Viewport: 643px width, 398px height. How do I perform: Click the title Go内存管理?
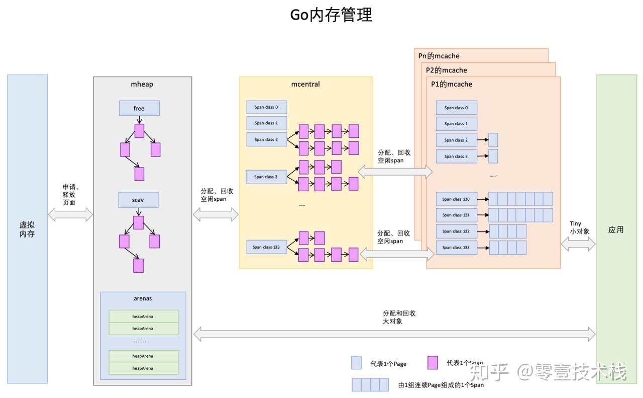click(331, 15)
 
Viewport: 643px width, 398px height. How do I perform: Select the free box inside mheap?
click(139, 108)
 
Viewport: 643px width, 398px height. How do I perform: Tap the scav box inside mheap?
click(138, 200)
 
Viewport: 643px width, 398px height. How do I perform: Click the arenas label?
click(143, 298)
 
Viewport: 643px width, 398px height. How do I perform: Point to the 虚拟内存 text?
click(27, 229)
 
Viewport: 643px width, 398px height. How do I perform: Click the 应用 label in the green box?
click(616, 229)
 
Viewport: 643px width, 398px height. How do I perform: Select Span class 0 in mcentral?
click(266, 107)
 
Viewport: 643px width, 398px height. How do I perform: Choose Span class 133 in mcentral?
click(266, 247)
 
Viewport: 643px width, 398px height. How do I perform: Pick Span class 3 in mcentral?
click(266, 177)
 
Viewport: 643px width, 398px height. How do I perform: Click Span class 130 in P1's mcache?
click(456, 199)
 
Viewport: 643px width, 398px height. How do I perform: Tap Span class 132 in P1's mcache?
click(456, 231)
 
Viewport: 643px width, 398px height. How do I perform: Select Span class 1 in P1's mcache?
click(456, 124)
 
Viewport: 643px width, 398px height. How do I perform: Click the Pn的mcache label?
click(439, 56)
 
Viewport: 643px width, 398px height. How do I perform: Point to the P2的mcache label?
click(447, 70)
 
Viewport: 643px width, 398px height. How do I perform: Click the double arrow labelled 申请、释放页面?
click(70, 215)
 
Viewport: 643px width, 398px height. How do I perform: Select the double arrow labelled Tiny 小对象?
click(578, 245)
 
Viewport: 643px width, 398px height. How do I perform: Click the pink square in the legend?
click(432, 363)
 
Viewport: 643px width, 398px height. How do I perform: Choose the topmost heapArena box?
click(143, 316)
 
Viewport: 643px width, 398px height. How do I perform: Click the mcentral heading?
click(305, 84)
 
